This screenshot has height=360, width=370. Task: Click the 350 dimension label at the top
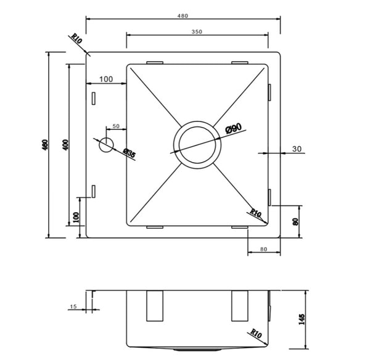[x=197, y=31]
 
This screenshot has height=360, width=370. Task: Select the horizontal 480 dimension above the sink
[x=183, y=15]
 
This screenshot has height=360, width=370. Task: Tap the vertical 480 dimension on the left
[x=44, y=145]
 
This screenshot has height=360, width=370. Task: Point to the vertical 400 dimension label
[x=65, y=145]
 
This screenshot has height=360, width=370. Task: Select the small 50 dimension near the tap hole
[x=115, y=127]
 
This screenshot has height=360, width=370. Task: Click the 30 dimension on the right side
[x=297, y=149]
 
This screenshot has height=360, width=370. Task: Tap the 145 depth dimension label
[x=301, y=319]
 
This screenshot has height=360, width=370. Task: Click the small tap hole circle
[x=107, y=145]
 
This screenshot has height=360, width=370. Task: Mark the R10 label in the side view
[x=257, y=336]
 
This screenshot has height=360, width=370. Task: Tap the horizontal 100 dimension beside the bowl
[x=105, y=79]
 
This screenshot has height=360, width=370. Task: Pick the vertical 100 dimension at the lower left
[x=76, y=218]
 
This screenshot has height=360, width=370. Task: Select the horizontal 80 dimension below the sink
[x=263, y=249]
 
